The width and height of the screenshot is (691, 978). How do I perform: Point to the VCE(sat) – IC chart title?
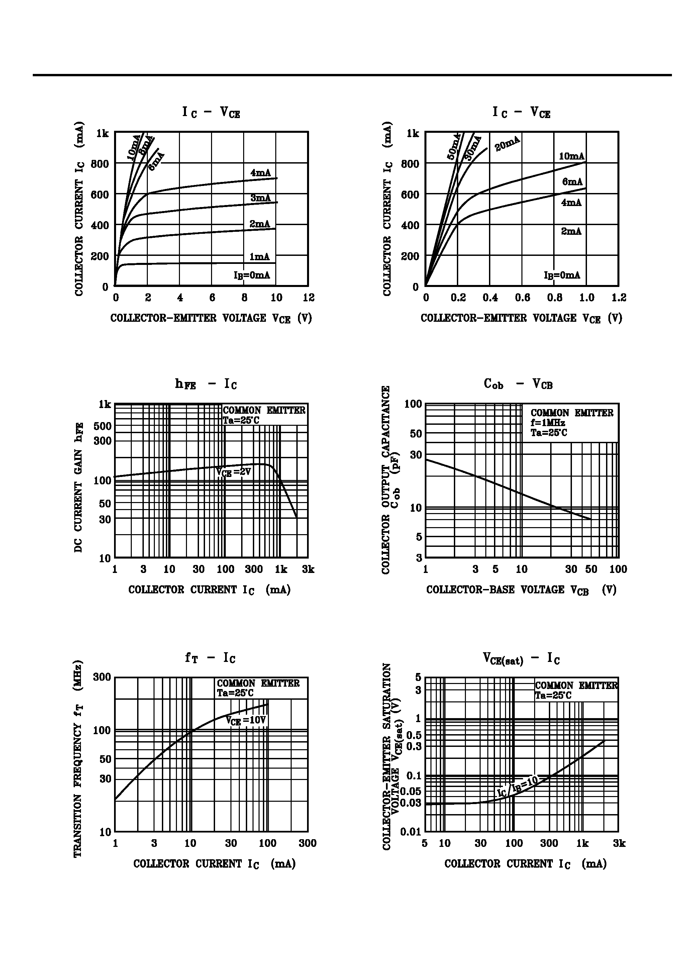click(x=521, y=659)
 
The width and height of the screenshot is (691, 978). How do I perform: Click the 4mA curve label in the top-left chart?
click(x=260, y=173)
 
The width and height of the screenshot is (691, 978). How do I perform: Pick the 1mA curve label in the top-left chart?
click(x=260, y=257)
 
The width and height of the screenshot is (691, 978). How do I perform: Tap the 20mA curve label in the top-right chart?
click(x=507, y=143)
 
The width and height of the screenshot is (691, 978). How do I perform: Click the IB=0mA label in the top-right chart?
click(x=562, y=275)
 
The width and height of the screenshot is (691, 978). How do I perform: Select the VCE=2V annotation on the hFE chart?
click(x=233, y=472)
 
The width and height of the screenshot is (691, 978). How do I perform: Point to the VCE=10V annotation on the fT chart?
click(x=246, y=720)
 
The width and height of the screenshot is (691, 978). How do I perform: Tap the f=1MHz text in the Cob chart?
click(x=548, y=423)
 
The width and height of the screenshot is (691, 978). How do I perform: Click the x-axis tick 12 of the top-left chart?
click(x=308, y=297)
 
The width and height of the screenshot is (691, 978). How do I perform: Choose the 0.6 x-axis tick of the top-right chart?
click(x=522, y=297)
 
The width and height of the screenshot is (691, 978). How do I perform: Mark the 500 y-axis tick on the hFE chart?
click(x=103, y=426)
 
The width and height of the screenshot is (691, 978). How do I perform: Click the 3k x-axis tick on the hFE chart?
click(x=308, y=569)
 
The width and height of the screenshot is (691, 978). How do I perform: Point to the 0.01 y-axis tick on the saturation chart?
click(x=410, y=832)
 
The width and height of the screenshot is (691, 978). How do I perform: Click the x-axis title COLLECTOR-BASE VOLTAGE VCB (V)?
click(x=521, y=590)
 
